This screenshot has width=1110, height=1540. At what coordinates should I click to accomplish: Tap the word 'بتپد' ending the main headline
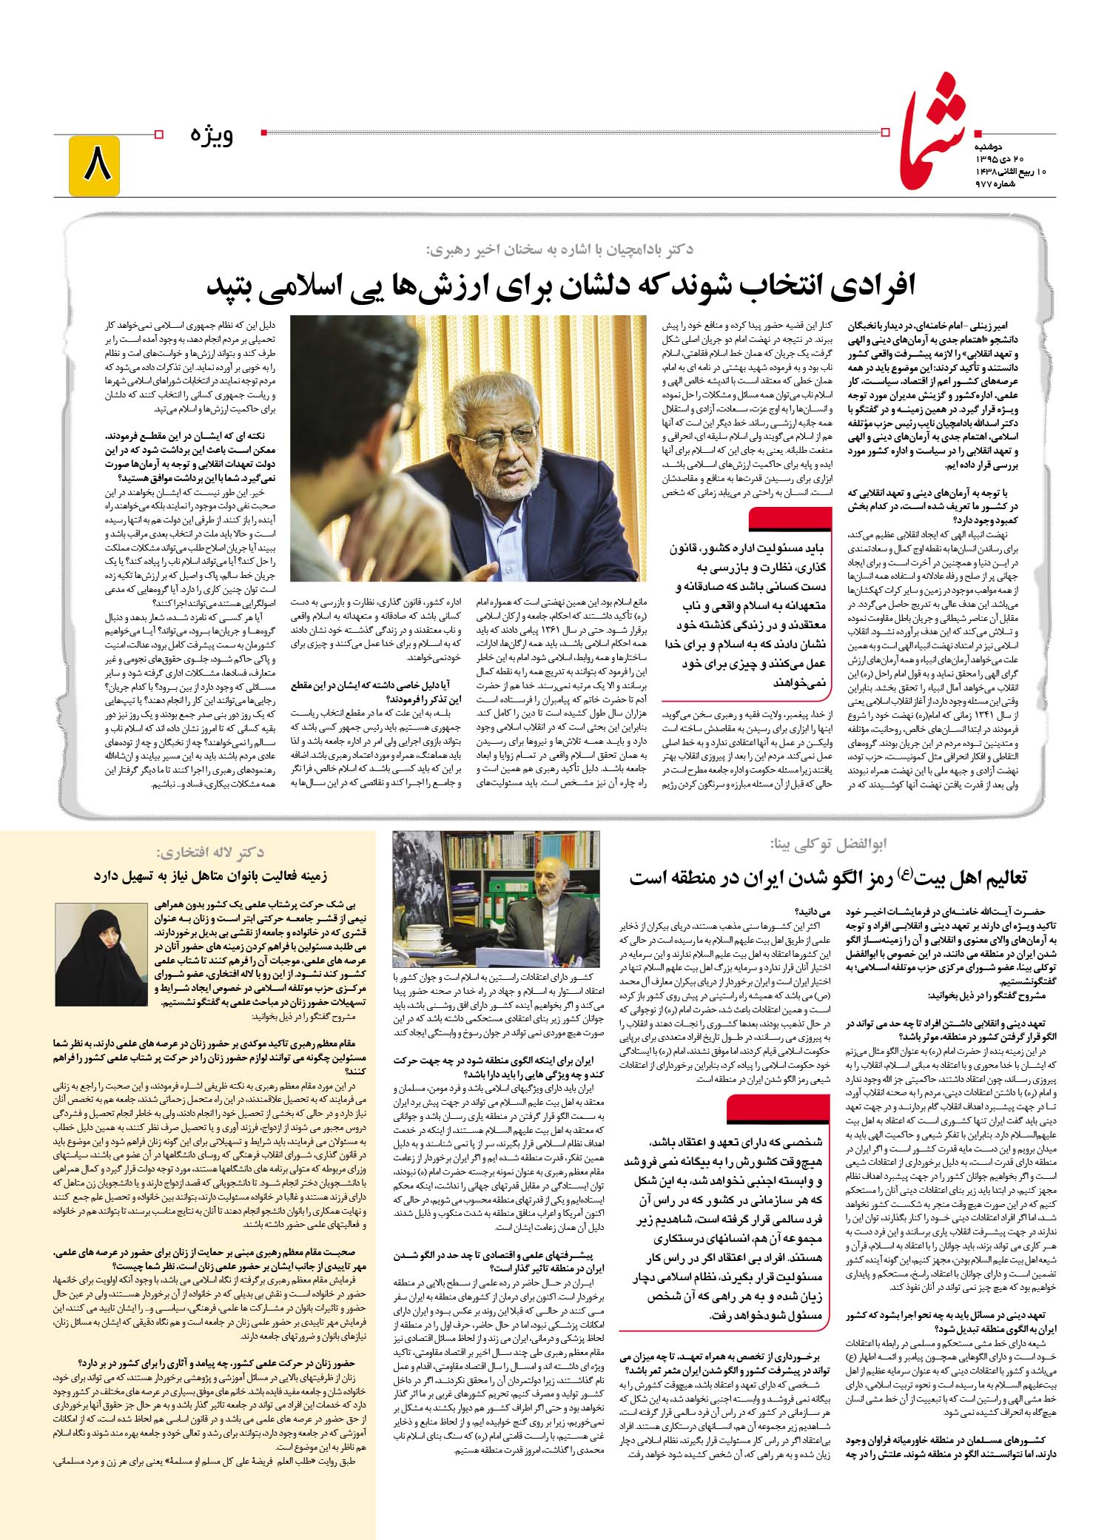pyautogui.click(x=235, y=285)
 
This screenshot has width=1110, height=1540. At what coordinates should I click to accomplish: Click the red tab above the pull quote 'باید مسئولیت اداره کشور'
pyautogui.click(x=793, y=520)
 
